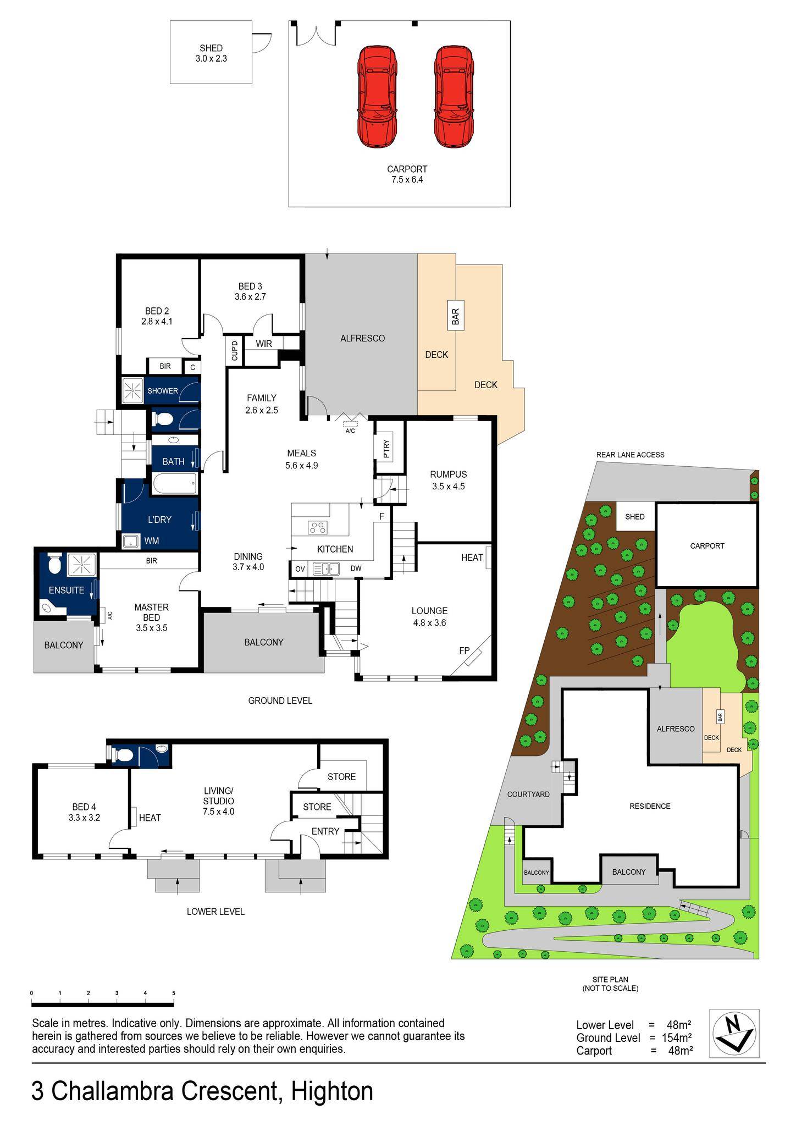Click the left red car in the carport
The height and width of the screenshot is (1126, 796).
pyautogui.click(x=377, y=97)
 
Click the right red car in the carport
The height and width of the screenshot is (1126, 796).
pyautogui.click(x=454, y=97)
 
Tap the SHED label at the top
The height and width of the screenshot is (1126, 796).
pyautogui.click(x=211, y=48)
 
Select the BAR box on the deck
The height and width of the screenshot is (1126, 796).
pyautogui.click(x=455, y=315)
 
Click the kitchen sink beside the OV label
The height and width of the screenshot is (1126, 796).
pyautogui.click(x=326, y=568)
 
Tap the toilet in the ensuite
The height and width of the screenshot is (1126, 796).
pyautogui.click(x=54, y=564)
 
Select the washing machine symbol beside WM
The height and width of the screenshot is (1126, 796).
pyautogui.click(x=131, y=541)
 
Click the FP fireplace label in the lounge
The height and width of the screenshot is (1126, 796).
pyautogui.click(x=465, y=650)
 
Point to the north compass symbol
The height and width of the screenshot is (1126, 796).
pyautogui.click(x=734, y=1034)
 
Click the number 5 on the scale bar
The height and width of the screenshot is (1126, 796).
pyautogui.click(x=174, y=993)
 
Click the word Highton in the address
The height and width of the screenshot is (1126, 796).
pyautogui.click(x=332, y=1091)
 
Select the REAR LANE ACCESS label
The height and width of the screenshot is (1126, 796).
pyautogui.click(x=630, y=455)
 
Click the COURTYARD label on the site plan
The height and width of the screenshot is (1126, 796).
pyautogui.click(x=528, y=794)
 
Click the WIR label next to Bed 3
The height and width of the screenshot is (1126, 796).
pyautogui.click(x=264, y=344)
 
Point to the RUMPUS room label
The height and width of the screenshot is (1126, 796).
pyautogui.click(x=449, y=474)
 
